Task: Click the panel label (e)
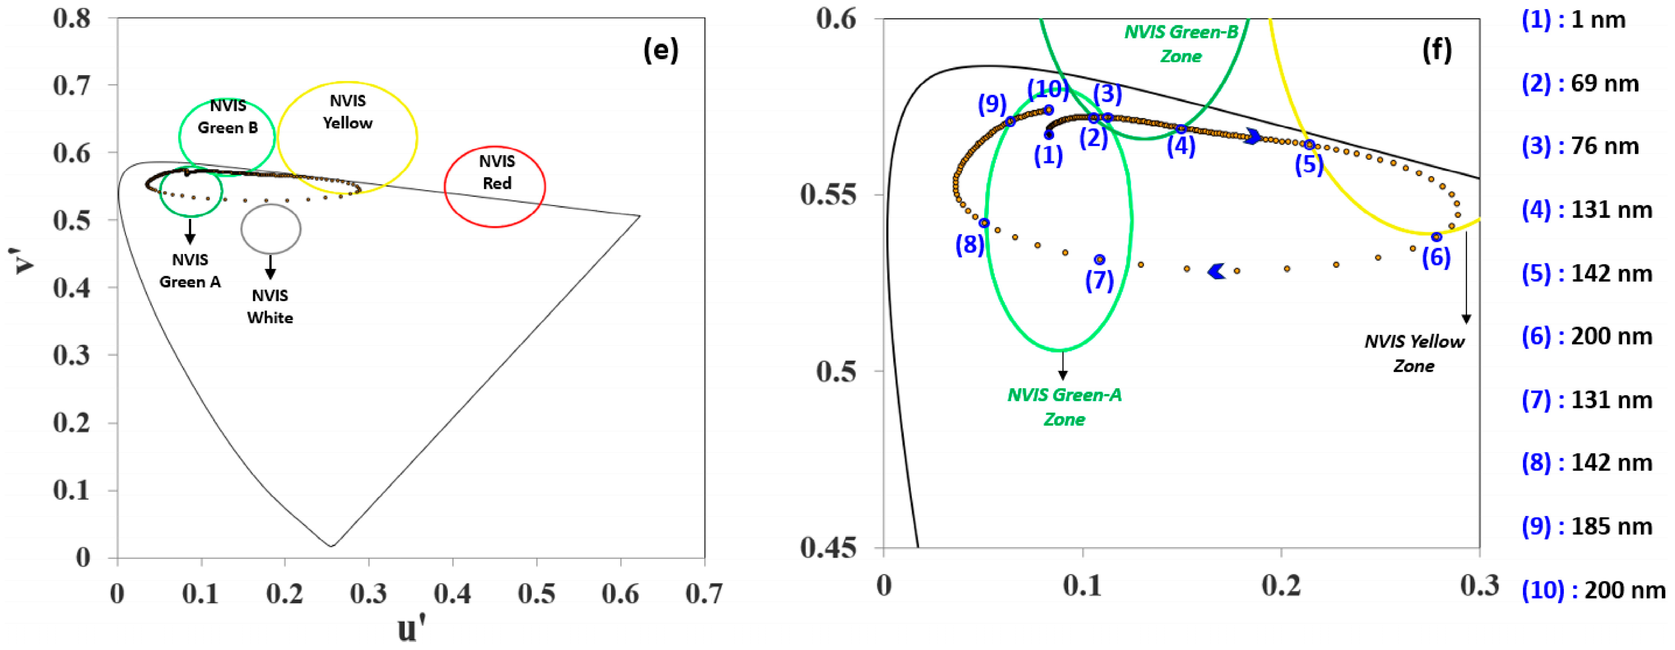coord(661,50)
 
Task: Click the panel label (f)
coord(1437,50)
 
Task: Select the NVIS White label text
coord(270,307)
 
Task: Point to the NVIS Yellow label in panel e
coord(348,112)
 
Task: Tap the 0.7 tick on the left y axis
coord(72,85)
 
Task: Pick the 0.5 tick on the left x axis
coord(536,593)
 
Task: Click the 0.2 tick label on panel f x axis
coord(1281,585)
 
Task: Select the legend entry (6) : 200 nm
coord(1587,337)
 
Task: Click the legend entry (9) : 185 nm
coord(1587,527)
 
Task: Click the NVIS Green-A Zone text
coord(1065,407)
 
